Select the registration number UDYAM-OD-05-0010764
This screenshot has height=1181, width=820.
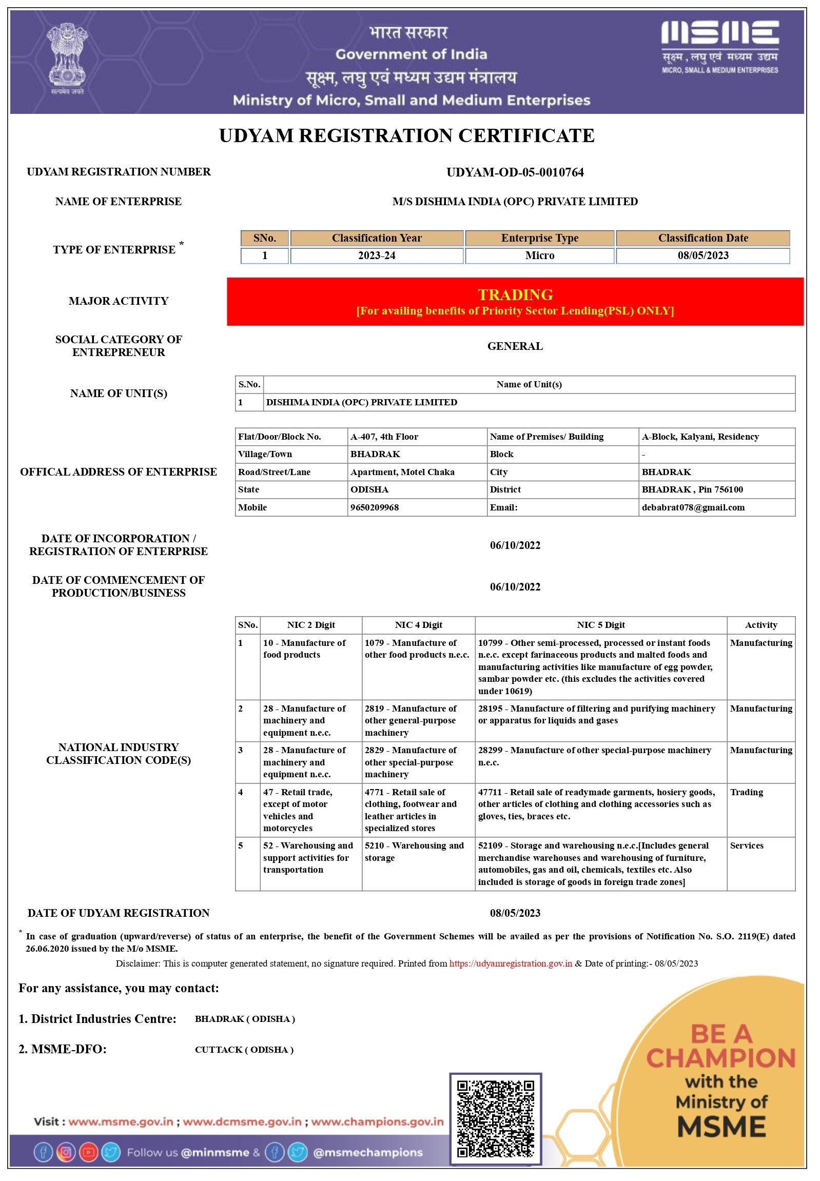515,172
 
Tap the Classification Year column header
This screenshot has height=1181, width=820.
377,239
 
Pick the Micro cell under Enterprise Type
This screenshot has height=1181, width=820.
539,256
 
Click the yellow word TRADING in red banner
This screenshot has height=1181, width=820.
515,295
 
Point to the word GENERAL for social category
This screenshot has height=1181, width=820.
515,346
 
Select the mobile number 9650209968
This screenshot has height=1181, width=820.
375,507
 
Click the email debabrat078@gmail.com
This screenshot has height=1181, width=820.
693,507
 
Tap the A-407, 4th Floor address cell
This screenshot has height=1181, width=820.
384,437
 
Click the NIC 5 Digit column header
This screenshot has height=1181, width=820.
600,625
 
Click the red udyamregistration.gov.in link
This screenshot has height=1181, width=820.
511,963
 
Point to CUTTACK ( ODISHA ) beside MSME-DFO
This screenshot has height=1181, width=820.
244,1050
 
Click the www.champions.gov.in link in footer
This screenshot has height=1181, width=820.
377,1121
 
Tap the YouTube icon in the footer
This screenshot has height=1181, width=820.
88,1153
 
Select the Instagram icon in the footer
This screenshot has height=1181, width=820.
66,1153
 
